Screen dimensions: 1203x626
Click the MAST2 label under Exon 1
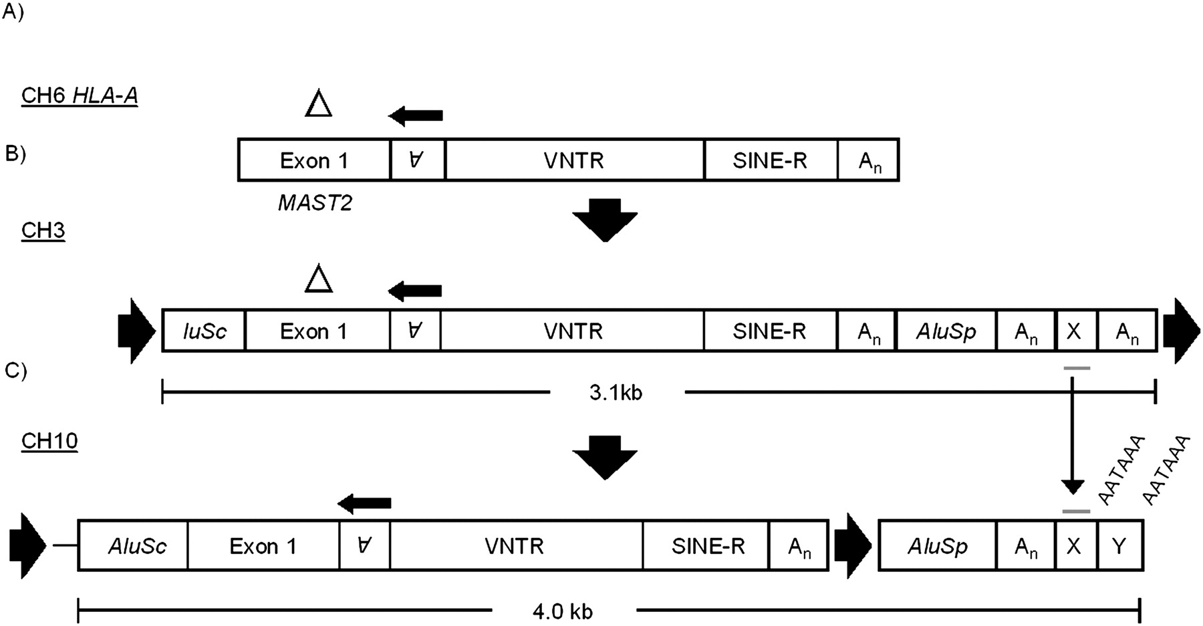[315, 202]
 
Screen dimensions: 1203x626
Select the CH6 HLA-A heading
[80, 96]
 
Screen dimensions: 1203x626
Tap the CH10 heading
[49, 441]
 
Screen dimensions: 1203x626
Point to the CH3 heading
[43, 230]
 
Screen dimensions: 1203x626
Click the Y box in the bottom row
[1119, 546]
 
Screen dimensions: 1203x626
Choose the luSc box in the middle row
[204, 331]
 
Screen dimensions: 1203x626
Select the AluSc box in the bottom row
[133, 546]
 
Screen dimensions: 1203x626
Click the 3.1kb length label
[616, 393]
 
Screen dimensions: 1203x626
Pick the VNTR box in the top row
[574, 160]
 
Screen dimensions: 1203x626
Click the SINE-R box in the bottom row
[706, 546]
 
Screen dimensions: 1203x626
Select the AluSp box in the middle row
[946, 331]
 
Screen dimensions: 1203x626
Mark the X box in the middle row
[1074, 331]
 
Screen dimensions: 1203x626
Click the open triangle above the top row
[319, 105]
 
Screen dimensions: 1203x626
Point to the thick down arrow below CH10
[606, 458]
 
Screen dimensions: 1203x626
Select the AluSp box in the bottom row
[937, 546]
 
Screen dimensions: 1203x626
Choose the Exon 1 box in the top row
[314, 160]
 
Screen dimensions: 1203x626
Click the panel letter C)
[15, 369]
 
